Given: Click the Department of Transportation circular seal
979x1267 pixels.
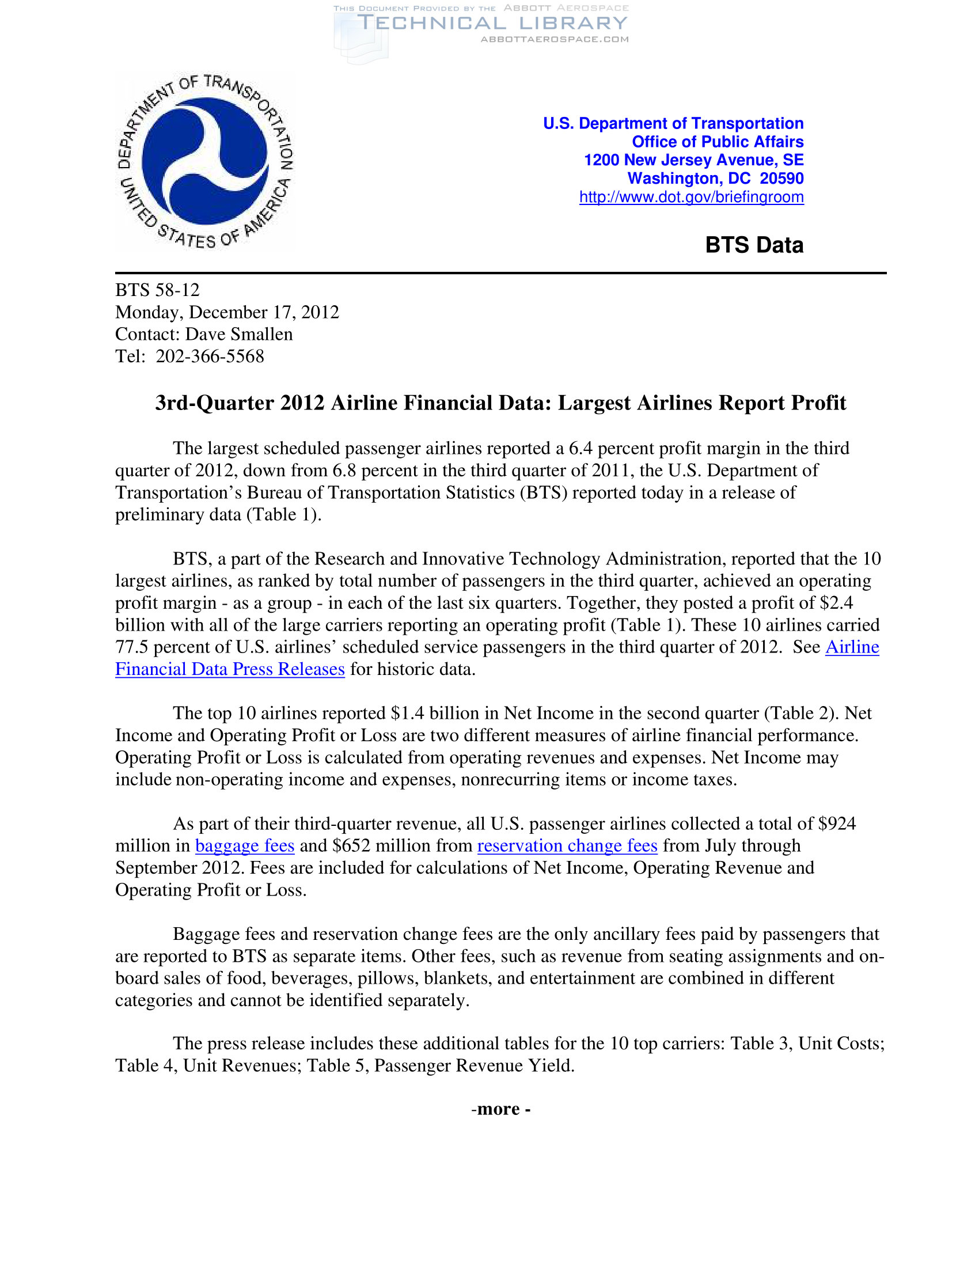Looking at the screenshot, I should [206, 161].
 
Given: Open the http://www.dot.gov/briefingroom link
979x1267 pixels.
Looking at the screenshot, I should [690, 197].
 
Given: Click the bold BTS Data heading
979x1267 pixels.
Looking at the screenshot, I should [753, 245].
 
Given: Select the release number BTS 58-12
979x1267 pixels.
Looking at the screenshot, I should [157, 290].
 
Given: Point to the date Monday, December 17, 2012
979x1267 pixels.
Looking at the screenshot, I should [227, 312].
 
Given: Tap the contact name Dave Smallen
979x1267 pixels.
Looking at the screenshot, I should [239, 334].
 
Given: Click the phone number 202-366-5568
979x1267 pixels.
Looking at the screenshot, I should [210, 356].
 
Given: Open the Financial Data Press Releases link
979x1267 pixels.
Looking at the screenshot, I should [230, 669].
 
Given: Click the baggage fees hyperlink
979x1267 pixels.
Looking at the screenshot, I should [245, 846].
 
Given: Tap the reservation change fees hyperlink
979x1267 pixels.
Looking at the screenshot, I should [567, 846].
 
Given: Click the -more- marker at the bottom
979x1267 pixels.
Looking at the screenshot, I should [500, 1109].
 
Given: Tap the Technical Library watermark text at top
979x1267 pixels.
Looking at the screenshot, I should [492, 23].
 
